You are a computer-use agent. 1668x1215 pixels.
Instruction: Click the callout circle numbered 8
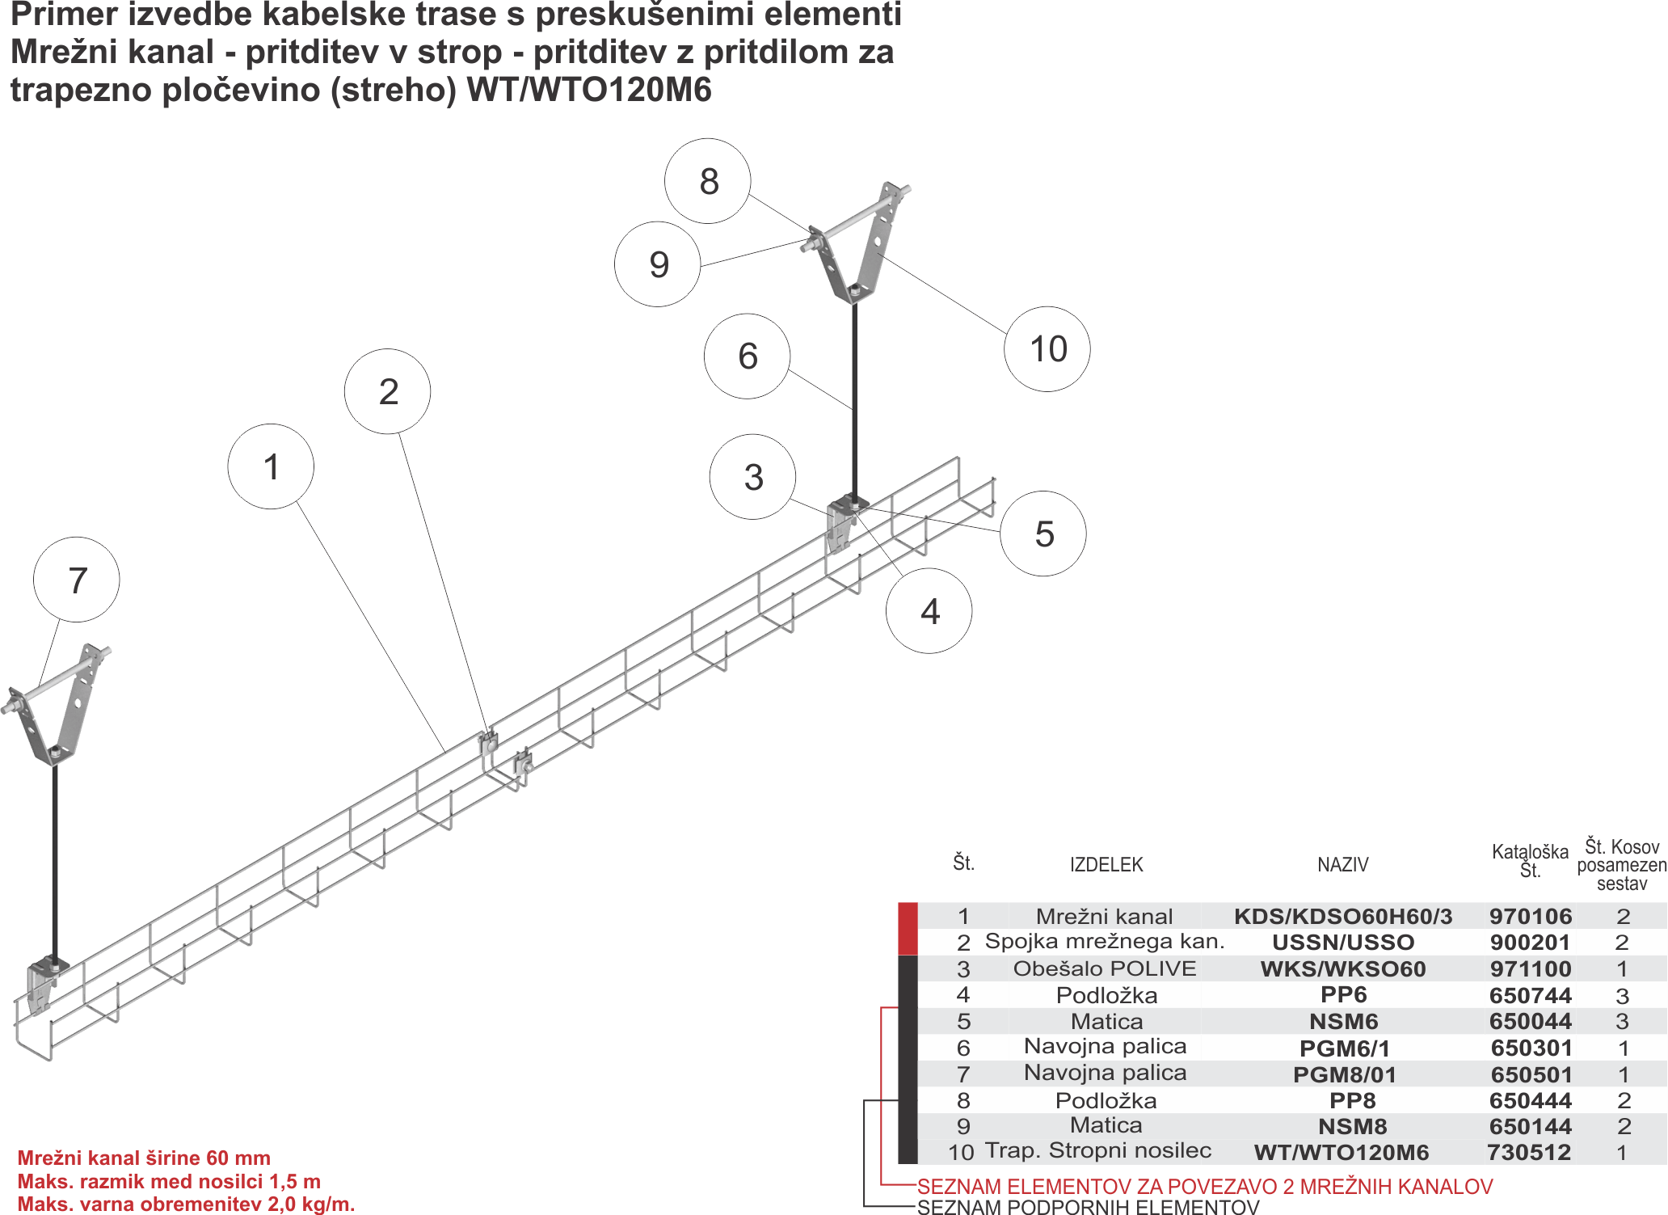coord(708,181)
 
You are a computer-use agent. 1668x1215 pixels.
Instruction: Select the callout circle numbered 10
coord(1047,349)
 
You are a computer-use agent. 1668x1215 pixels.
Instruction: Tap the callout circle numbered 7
coord(77,580)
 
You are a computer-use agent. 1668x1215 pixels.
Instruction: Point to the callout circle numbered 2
coord(388,392)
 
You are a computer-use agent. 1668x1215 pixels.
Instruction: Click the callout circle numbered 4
coord(929,611)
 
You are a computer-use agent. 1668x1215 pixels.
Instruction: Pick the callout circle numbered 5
coord(1043,534)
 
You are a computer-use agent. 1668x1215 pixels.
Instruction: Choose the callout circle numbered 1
coord(271,466)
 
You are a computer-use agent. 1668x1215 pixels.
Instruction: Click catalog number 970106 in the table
coord(1530,916)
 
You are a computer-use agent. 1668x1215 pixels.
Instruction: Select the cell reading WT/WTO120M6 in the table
coord(1342,1153)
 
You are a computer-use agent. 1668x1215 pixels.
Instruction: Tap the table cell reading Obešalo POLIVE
coord(1105,968)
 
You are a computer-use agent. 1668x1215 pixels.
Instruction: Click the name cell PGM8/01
coord(1344,1074)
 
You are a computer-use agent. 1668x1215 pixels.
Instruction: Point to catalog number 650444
coord(1530,1100)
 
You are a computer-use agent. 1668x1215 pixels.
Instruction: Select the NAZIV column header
coord(1342,865)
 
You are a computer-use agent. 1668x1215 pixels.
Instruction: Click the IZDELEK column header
coord(1106,865)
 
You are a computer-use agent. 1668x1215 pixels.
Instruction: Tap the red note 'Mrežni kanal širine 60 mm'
coord(144,1158)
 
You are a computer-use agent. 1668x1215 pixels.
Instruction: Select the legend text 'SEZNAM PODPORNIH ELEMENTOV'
coord(1089,1207)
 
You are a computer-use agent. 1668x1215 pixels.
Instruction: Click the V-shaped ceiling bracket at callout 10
coord(869,251)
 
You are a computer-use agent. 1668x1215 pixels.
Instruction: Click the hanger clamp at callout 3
coord(841,525)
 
